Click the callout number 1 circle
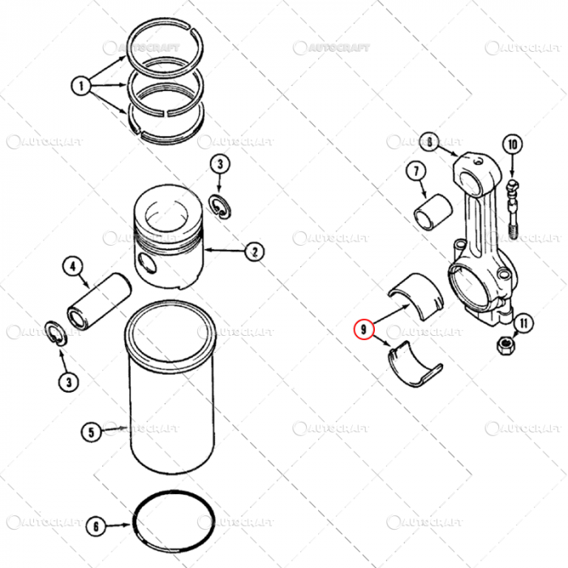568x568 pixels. coord(81,84)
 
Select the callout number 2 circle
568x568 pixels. coord(253,252)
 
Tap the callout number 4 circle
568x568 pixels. coord(72,266)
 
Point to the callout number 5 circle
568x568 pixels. coord(92,432)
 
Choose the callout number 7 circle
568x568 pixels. coord(415,171)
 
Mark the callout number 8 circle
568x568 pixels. coord(429,142)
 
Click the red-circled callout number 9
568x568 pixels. coord(363,329)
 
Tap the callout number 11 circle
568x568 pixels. coord(523,324)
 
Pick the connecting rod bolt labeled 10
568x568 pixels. coord(512,207)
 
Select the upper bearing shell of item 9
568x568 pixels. coord(418,295)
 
